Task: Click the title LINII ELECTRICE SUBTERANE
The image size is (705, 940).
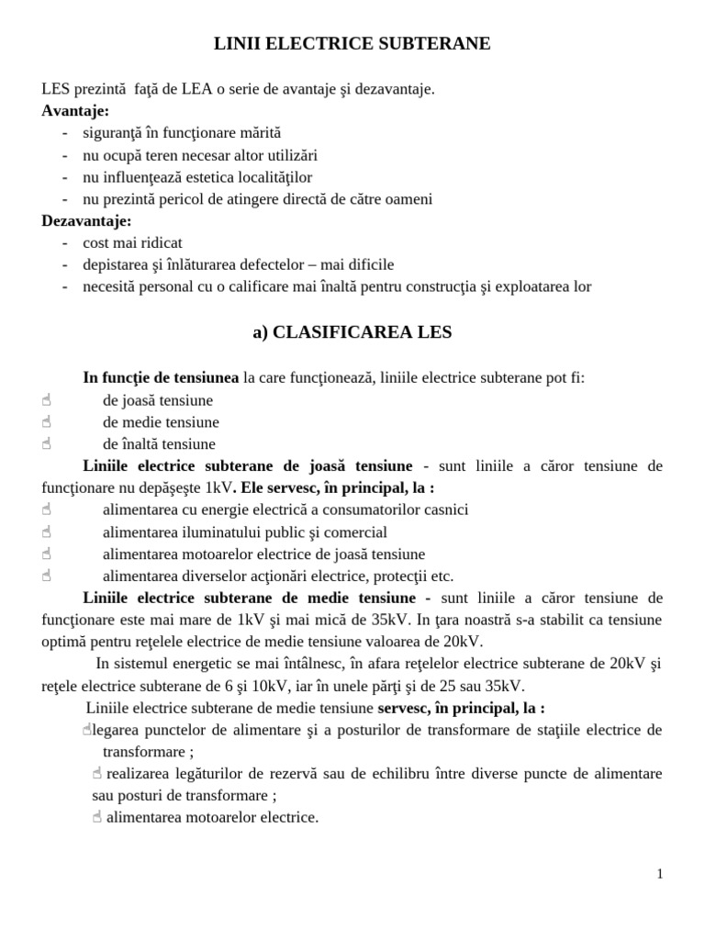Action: click(x=352, y=44)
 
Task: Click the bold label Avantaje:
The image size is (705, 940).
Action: click(x=75, y=111)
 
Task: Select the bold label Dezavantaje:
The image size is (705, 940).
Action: click(x=87, y=221)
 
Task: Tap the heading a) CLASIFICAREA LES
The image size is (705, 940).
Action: click(x=352, y=333)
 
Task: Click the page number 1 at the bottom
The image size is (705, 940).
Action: click(x=659, y=874)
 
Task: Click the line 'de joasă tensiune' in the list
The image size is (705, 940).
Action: click(x=157, y=401)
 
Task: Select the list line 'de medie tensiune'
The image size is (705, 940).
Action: click(x=161, y=423)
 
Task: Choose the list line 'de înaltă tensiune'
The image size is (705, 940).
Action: click(x=159, y=445)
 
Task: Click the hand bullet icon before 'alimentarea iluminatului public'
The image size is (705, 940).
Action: click(x=47, y=532)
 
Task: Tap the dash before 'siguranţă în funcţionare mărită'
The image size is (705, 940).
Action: click(x=65, y=133)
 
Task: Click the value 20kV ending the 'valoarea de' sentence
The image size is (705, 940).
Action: click(x=462, y=642)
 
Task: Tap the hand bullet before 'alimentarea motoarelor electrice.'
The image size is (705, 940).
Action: click(x=96, y=818)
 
